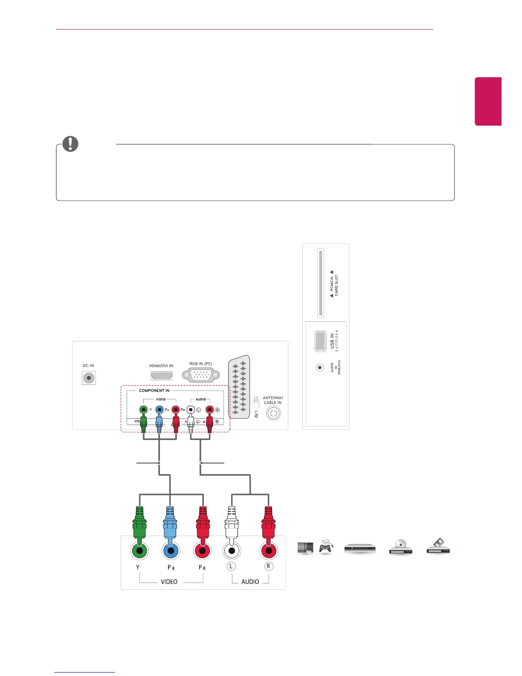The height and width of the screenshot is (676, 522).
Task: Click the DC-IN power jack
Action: [x=89, y=378]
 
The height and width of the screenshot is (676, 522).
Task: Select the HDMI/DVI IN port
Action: [x=162, y=376]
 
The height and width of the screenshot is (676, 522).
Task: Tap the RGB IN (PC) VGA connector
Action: [x=201, y=375]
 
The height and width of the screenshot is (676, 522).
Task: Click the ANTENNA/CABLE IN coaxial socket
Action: [x=273, y=414]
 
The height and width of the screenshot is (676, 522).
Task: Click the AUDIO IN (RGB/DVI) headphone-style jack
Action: [x=319, y=367]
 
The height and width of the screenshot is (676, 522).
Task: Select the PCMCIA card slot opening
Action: [x=321, y=283]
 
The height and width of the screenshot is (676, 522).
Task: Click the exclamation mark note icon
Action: [x=70, y=144]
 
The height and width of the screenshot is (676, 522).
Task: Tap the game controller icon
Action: [x=325, y=547]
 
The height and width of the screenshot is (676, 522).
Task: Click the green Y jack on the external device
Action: [x=139, y=551]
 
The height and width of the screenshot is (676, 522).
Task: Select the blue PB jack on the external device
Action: [x=171, y=551]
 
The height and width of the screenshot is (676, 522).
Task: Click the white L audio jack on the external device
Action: [x=232, y=551]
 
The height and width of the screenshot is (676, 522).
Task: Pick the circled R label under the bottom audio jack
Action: [x=268, y=567]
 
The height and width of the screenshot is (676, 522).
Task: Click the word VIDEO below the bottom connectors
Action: [x=169, y=582]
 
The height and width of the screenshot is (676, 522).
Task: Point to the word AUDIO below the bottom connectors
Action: [x=250, y=582]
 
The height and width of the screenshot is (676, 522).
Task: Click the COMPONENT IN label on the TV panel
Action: [x=154, y=390]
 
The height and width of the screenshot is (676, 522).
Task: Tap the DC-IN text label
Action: [x=88, y=366]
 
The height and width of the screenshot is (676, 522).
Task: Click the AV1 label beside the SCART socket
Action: [x=256, y=414]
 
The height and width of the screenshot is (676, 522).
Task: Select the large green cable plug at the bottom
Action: [x=139, y=523]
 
